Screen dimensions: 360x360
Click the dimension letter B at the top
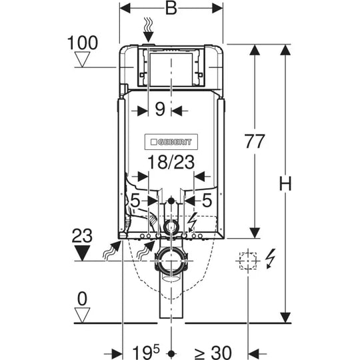171,9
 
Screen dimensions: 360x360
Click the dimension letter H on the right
285,184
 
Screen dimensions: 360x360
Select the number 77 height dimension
255,141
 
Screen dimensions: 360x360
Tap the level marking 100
83,43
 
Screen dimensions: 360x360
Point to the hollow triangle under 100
82,59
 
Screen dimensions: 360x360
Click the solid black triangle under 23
82,253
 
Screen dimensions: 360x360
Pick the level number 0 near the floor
82,299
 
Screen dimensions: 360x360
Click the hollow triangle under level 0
82,315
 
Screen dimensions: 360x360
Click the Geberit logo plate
171,142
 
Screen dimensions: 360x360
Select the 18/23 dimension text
171,162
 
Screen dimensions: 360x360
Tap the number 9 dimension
160,109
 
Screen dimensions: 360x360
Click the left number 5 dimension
135,201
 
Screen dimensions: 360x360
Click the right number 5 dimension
207,200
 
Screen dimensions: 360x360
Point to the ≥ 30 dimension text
213,353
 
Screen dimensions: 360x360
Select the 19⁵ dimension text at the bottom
146,352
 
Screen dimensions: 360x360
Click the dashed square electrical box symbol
248,261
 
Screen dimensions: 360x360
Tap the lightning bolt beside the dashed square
270,259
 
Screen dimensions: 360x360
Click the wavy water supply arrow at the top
148,30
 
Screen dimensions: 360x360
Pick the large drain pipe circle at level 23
171,261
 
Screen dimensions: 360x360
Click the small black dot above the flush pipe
171,201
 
